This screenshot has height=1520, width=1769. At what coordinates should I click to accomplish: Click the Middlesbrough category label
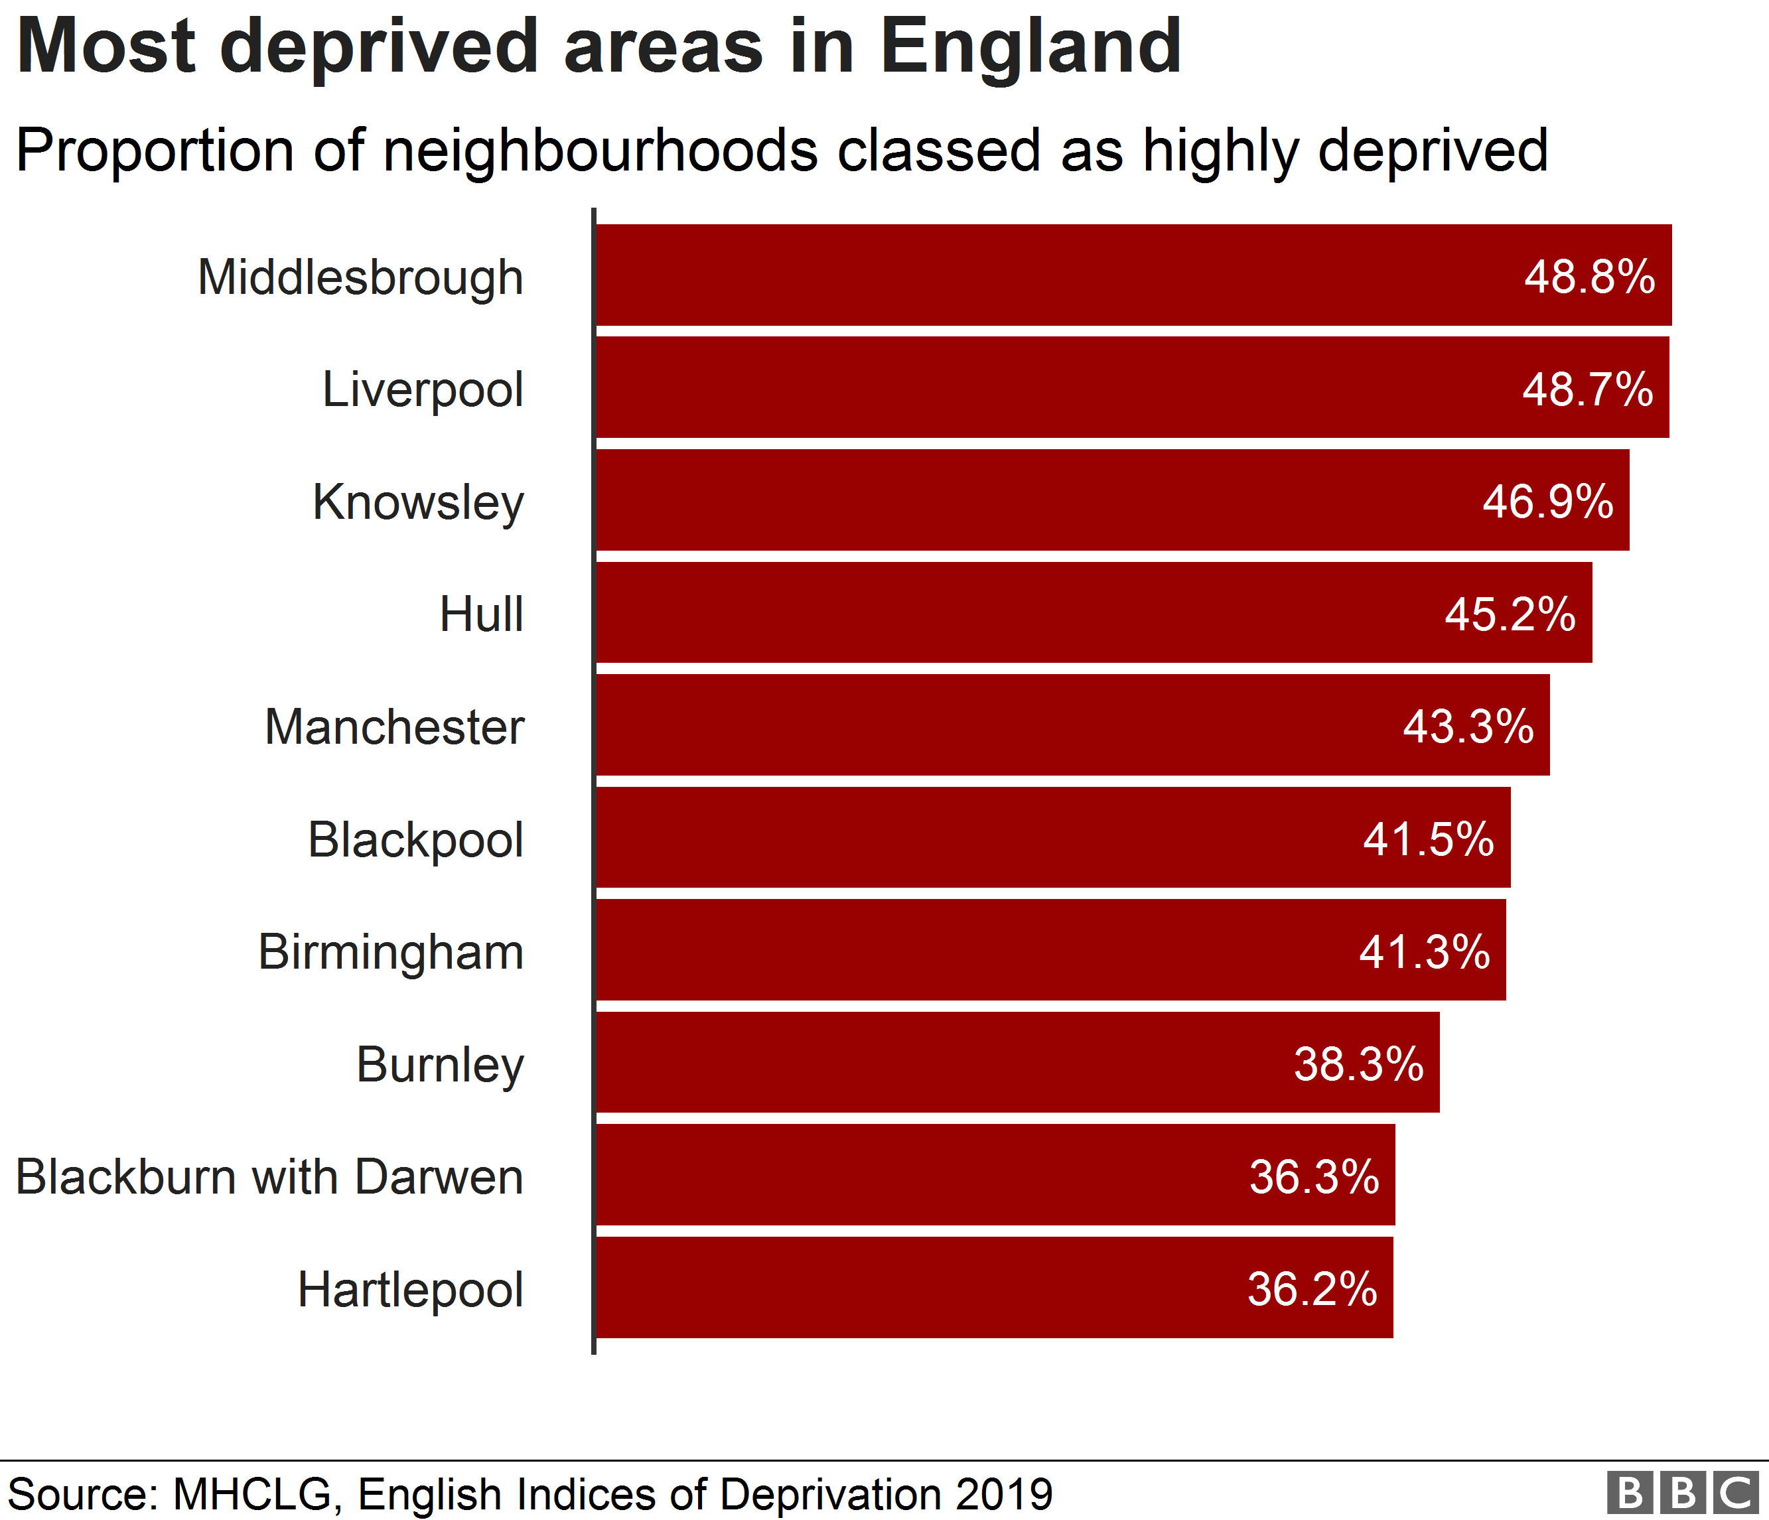[360, 278]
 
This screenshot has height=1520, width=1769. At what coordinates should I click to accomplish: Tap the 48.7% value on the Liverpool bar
[1587, 389]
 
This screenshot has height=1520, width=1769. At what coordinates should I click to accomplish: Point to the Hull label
[482, 614]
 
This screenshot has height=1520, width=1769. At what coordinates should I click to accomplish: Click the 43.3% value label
[1468, 726]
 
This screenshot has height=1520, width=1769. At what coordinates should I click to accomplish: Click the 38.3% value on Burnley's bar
[1358, 1064]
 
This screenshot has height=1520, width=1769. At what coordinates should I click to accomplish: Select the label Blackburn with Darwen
[270, 1177]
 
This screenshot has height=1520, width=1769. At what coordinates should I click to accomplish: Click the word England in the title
[1030, 47]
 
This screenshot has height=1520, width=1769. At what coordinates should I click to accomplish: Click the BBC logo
[1682, 1493]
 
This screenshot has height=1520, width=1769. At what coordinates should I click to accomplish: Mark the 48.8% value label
[1590, 277]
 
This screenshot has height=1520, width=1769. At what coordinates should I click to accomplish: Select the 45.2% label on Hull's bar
[1510, 614]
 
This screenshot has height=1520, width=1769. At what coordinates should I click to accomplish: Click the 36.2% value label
[1312, 1288]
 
